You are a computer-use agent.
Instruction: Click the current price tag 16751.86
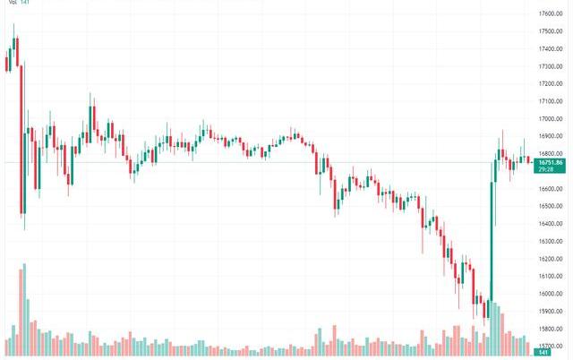(548, 162)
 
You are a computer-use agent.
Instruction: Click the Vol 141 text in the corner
(18, 4)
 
